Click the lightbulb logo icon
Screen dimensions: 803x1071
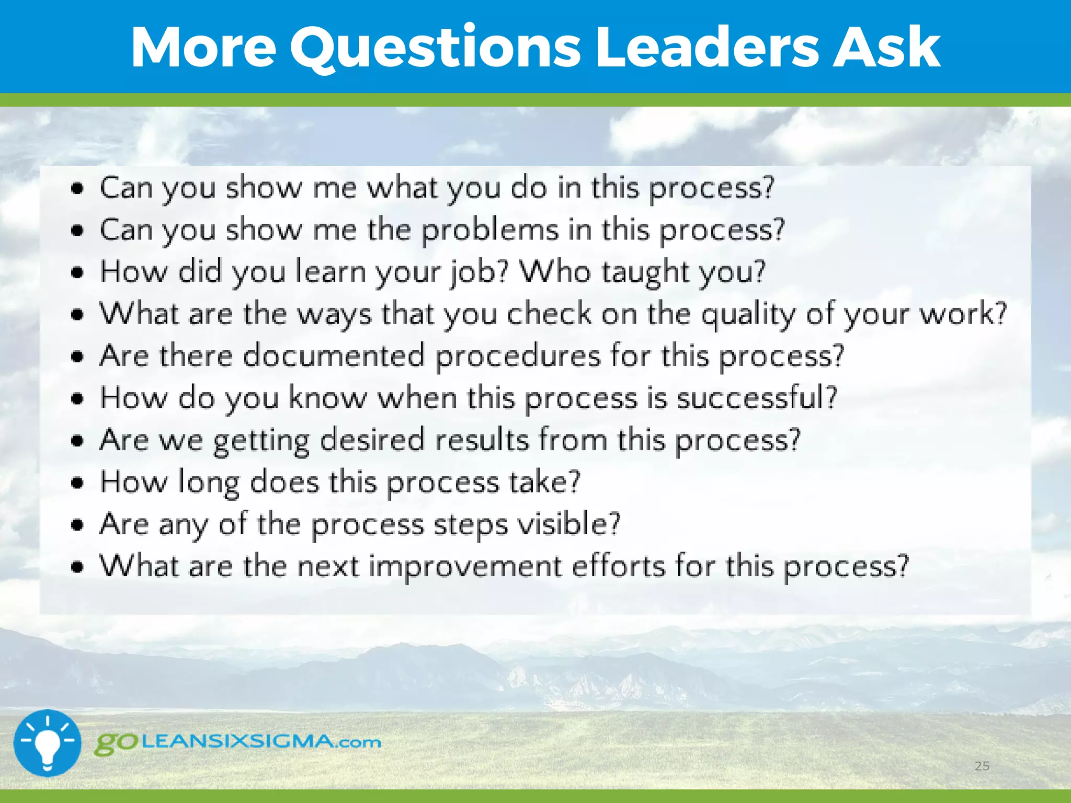click(48, 743)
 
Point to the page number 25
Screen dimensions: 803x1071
click(982, 766)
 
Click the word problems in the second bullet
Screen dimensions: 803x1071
click(490, 231)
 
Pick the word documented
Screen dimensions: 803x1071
click(334, 356)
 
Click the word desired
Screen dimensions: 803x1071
click(372, 440)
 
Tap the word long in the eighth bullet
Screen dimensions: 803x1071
click(209, 483)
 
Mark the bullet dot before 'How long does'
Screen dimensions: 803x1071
click(77, 483)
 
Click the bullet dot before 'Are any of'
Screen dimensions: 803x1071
click(77, 524)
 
